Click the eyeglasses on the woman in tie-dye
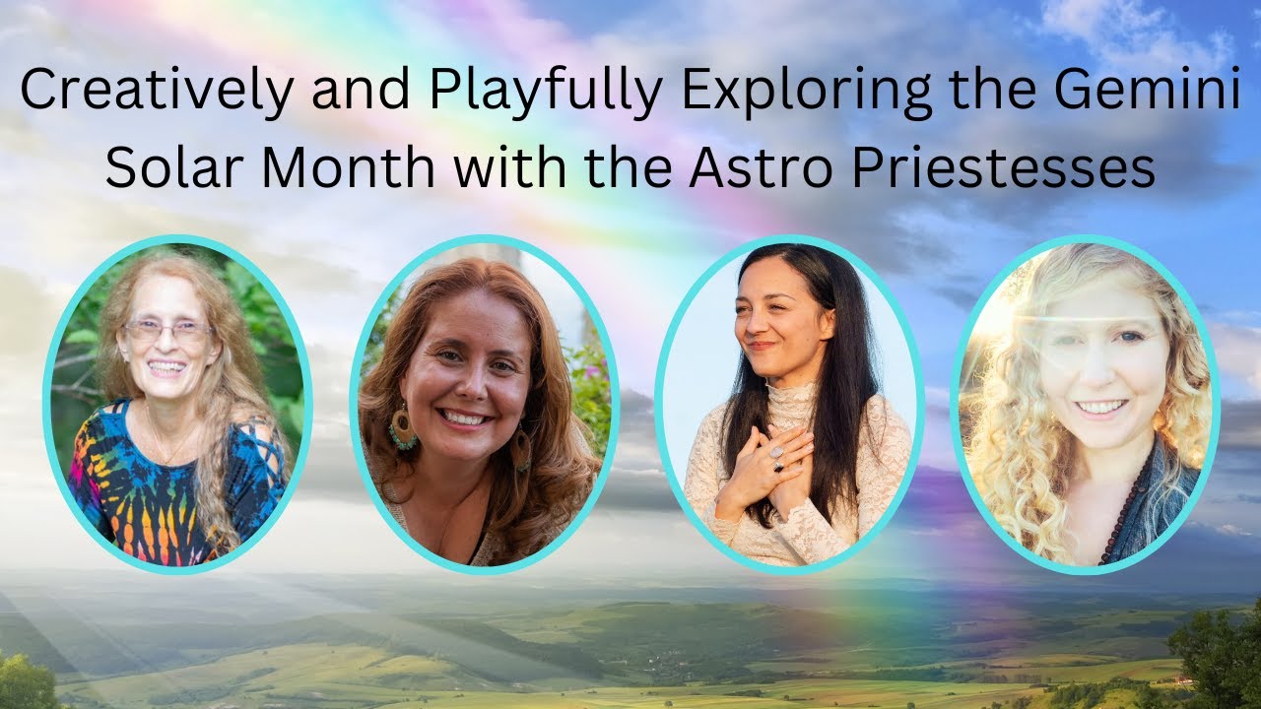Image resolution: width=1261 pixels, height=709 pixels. (x=167, y=331)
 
